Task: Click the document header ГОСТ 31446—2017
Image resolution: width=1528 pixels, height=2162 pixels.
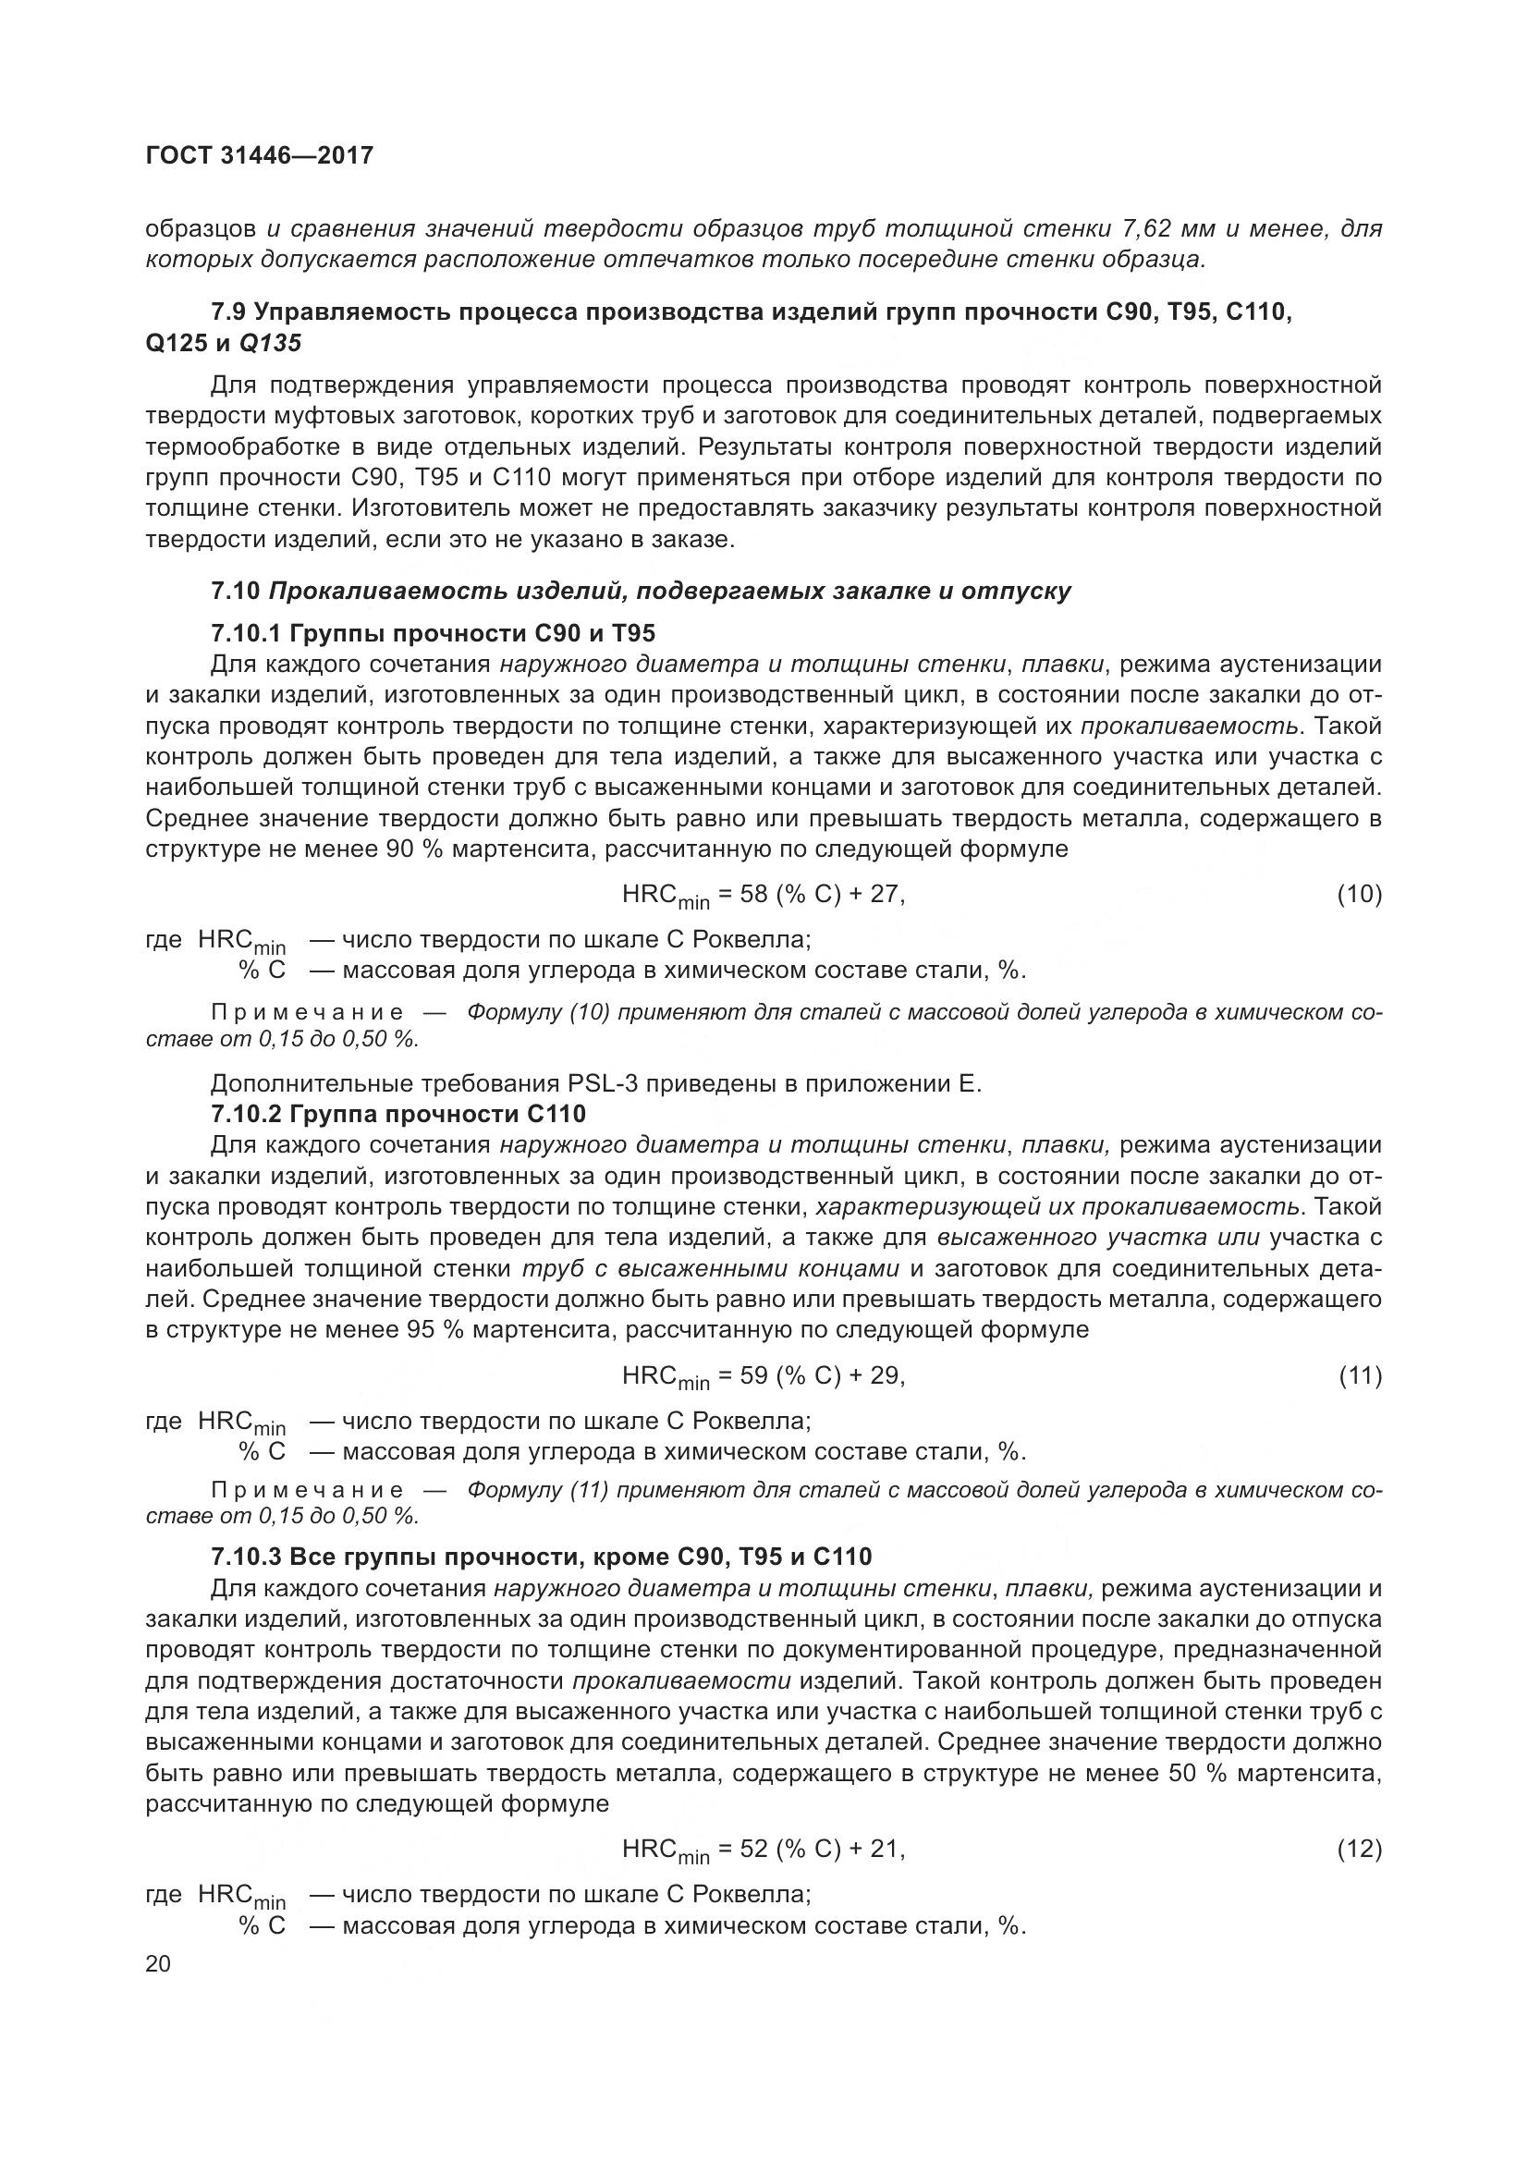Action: [x=260, y=155]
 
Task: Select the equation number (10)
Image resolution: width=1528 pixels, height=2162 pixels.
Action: [x=1359, y=895]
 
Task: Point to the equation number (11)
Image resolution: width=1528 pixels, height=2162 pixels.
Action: [x=1359, y=1376]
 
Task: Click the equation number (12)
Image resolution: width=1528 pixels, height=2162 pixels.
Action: [x=1359, y=1850]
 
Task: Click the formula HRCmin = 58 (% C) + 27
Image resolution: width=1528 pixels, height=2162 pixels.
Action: [x=763, y=896]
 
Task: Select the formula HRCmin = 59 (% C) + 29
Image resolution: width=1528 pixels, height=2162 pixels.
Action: [x=763, y=1377]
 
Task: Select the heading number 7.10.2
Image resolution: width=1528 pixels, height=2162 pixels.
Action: [x=246, y=1114]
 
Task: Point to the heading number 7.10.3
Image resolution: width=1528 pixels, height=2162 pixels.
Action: [x=246, y=1557]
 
